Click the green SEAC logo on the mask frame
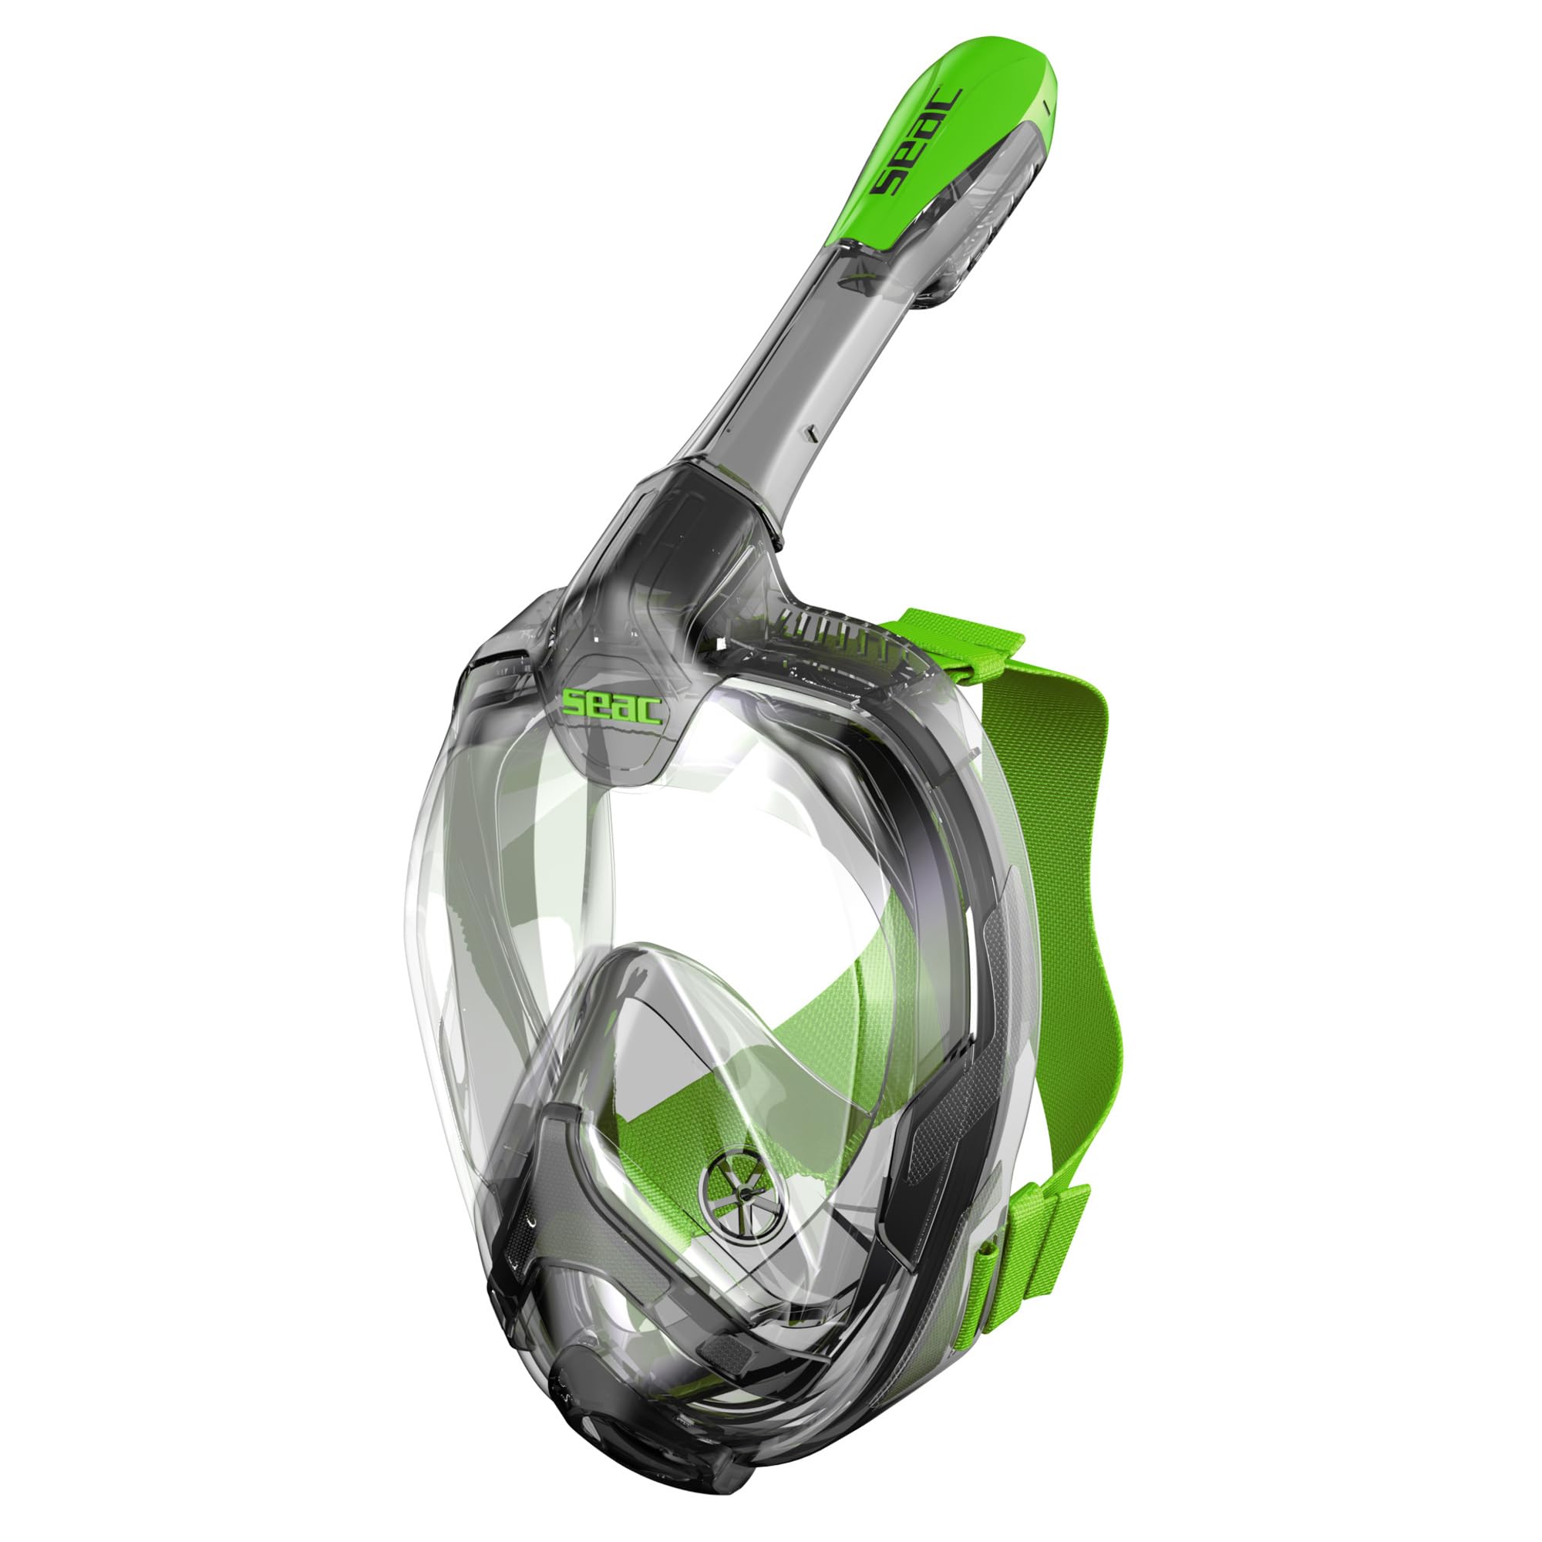612,705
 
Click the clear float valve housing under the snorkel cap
958,264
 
